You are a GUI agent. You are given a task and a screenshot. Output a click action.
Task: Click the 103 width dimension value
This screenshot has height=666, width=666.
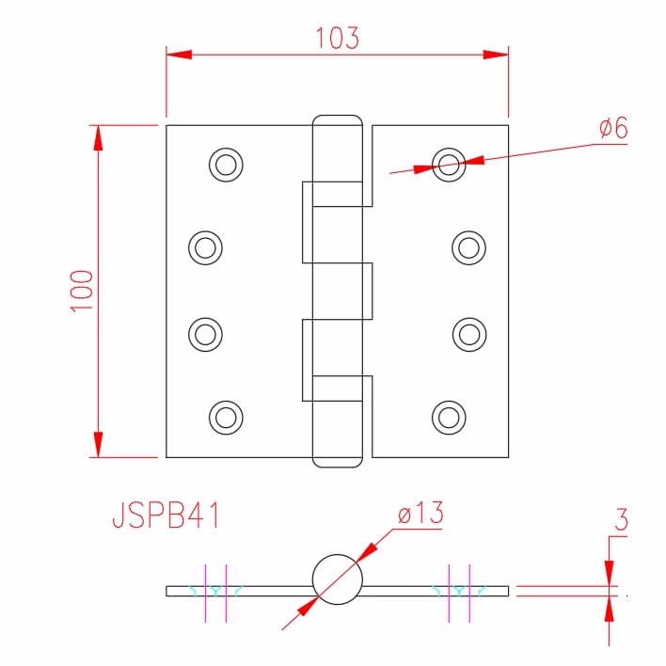[x=338, y=38]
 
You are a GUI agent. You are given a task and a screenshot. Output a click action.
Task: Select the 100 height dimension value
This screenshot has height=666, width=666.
[x=82, y=291]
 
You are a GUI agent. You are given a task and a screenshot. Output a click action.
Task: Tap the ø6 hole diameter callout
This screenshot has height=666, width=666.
[x=613, y=127]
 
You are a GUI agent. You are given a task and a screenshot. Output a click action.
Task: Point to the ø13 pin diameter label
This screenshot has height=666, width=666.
[x=420, y=513]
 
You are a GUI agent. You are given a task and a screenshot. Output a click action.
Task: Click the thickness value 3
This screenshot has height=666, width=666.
[x=621, y=519]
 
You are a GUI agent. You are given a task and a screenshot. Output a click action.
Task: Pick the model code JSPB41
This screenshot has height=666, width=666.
[x=166, y=515]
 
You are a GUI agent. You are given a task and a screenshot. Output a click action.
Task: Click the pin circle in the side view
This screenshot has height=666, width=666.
[x=338, y=555]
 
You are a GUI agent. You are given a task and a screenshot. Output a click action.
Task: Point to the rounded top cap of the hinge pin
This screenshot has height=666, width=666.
[x=338, y=116]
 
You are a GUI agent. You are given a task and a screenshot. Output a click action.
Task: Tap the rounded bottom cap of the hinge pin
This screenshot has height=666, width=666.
[x=338, y=467]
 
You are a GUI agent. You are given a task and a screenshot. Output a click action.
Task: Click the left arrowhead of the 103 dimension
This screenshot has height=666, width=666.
[x=179, y=55]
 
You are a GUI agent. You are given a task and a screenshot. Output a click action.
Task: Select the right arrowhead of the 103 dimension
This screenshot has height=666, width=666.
[x=496, y=55]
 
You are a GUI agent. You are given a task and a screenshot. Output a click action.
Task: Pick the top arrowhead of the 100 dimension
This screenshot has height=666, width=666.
[x=98, y=138]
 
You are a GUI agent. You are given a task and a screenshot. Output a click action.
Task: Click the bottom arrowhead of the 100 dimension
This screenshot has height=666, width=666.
[x=98, y=445]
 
